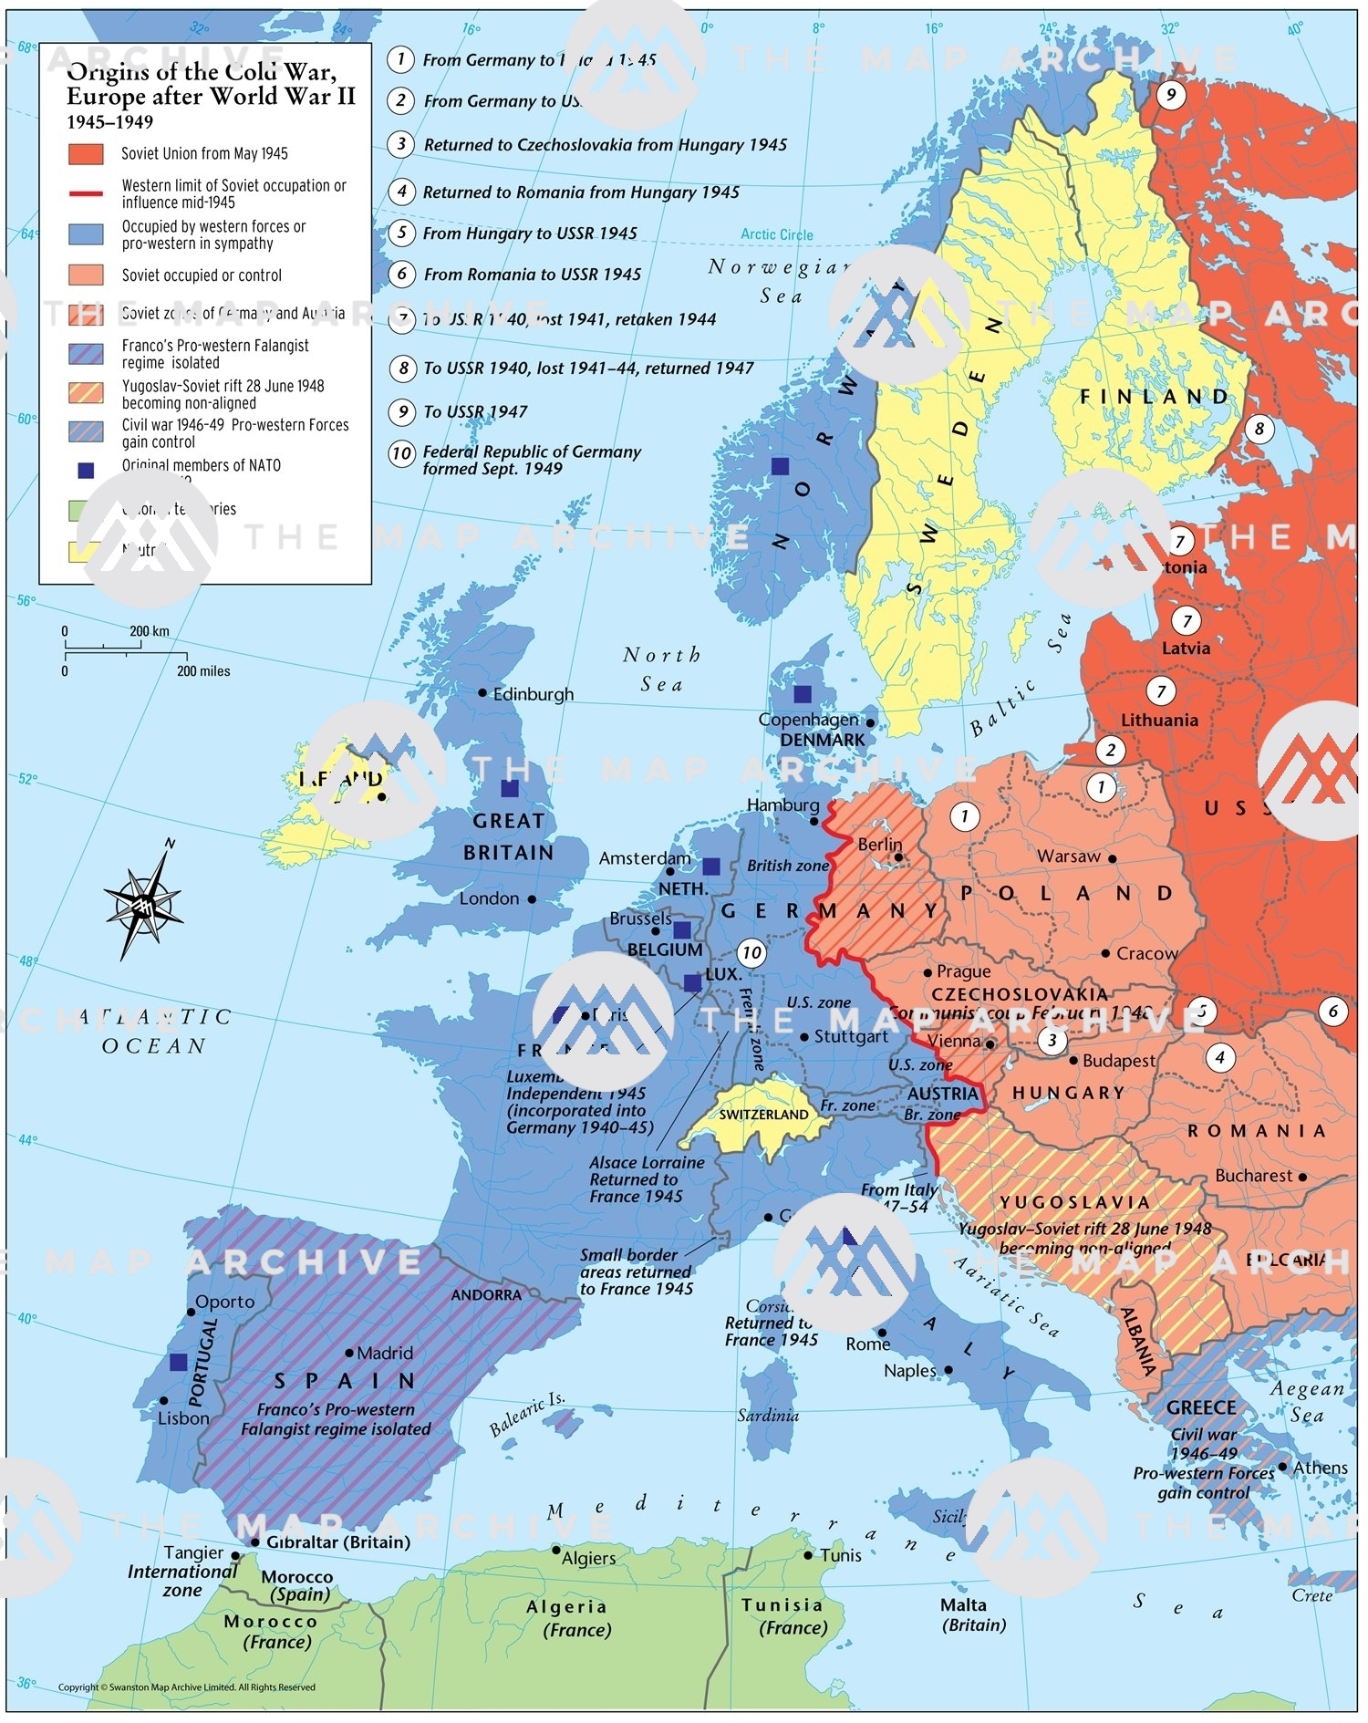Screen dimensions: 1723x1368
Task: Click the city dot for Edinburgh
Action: (x=482, y=692)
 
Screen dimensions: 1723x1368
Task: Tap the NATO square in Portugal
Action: (x=179, y=1362)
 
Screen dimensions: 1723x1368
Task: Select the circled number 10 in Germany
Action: (x=751, y=953)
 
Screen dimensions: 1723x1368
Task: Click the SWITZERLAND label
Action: (x=763, y=1115)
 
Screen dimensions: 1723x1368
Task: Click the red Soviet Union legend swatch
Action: (x=86, y=153)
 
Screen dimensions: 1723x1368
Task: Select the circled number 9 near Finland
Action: (x=1171, y=94)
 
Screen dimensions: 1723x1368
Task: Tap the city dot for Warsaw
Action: (x=1112, y=858)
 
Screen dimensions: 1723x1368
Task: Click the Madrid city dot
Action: (x=349, y=1354)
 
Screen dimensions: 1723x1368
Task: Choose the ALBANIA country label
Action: (x=1140, y=1341)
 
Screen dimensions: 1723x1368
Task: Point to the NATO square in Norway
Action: (x=780, y=466)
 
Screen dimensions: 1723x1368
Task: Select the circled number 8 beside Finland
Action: (x=1259, y=429)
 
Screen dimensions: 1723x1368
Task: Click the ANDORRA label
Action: (x=486, y=1295)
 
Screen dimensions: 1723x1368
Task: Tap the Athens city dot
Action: (x=1283, y=1468)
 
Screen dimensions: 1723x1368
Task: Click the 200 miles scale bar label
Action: (x=203, y=671)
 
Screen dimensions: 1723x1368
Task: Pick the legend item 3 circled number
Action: (x=400, y=144)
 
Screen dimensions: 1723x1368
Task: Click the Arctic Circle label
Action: (x=776, y=234)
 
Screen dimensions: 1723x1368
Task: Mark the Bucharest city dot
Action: (x=1302, y=1177)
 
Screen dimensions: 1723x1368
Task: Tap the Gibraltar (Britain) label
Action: (x=338, y=1542)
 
